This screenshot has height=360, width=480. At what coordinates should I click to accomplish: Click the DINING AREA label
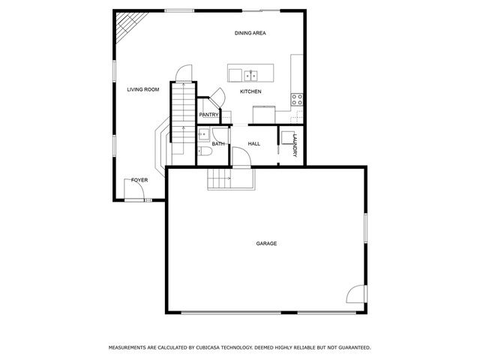click(x=250, y=33)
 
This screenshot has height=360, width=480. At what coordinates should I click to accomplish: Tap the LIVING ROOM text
click(x=142, y=90)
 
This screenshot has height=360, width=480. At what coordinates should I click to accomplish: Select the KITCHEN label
click(x=250, y=91)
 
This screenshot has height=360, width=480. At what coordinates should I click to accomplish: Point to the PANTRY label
click(x=208, y=115)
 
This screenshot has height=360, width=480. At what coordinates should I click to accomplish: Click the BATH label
click(x=218, y=143)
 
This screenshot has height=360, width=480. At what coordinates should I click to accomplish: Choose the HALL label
click(x=253, y=143)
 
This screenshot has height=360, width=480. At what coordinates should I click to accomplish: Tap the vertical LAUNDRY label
click(x=295, y=145)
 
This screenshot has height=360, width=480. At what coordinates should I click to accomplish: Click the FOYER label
click(x=139, y=181)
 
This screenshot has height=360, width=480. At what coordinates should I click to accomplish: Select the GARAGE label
click(x=266, y=244)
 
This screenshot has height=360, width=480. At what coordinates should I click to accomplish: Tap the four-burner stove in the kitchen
click(x=297, y=98)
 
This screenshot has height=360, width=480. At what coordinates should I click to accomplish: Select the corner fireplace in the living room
click(x=125, y=28)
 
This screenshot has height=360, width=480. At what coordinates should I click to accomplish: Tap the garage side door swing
click(x=356, y=296)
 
